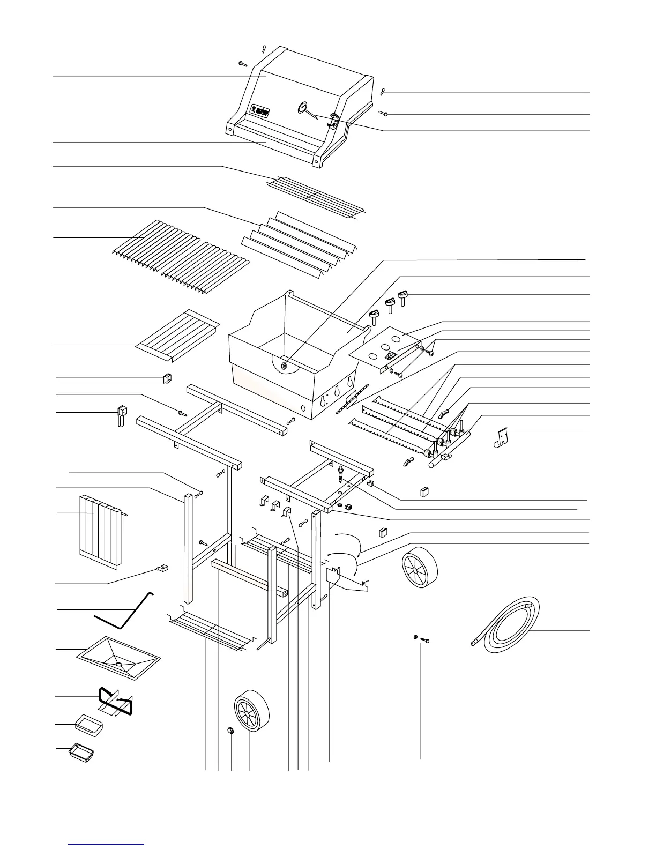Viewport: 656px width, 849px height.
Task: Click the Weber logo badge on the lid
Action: (260, 110)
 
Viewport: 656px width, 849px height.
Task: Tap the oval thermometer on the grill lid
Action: (303, 108)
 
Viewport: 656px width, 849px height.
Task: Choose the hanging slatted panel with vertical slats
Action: (101, 532)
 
